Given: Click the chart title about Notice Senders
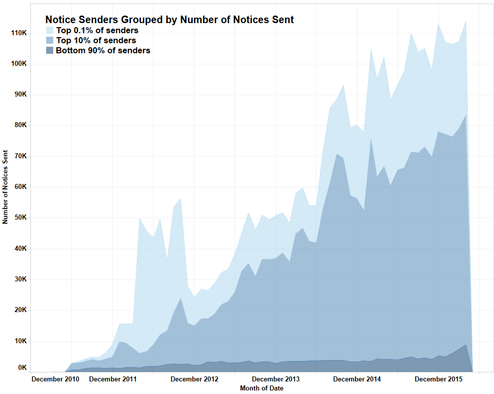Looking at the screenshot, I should click(x=169, y=20).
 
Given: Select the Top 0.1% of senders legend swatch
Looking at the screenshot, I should click(x=49, y=30).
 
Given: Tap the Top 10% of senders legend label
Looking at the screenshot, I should click(x=96, y=40).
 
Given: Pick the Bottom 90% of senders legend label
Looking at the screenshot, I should click(x=103, y=50).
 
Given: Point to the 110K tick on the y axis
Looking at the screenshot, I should click(x=18, y=33).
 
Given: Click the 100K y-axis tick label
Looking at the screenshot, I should click(x=18, y=64).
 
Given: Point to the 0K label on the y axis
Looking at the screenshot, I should click(x=22, y=368).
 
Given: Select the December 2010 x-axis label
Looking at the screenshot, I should click(x=55, y=378).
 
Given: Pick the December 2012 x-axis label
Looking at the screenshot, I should click(x=194, y=378).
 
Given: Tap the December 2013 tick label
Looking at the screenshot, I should click(x=276, y=378).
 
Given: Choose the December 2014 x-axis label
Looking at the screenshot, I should click(x=357, y=378).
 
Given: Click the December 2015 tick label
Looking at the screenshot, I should click(x=439, y=378).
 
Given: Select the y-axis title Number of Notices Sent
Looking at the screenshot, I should click(x=6, y=186).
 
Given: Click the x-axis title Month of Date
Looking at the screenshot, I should click(x=262, y=388).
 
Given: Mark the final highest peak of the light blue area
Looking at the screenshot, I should click(x=466, y=21).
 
